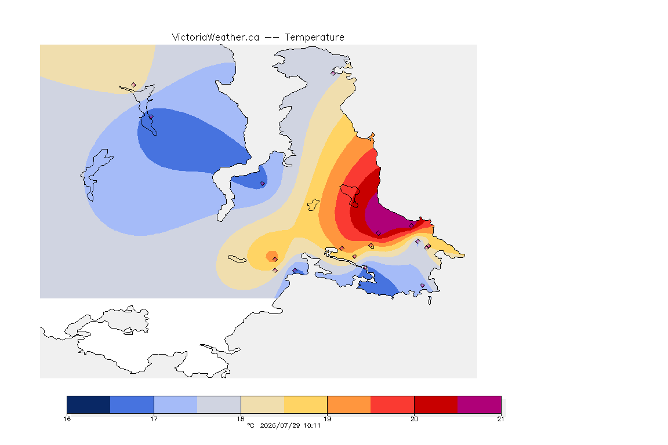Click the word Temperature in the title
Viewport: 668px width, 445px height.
coord(314,38)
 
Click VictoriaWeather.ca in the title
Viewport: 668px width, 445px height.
coord(216,38)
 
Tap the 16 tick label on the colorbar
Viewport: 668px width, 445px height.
coord(67,419)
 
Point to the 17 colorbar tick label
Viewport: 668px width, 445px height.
coord(154,419)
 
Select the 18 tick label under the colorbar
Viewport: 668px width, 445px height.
coord(241,419)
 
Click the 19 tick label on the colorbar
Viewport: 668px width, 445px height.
coord(327,419)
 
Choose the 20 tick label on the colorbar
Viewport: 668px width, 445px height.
coord(414,419)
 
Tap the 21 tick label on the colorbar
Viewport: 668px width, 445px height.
coord(500,419)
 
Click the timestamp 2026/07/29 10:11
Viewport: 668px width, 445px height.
coord(290,425)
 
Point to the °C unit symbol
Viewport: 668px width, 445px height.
coord(251,425)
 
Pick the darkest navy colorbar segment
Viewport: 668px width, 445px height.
coord(89,404)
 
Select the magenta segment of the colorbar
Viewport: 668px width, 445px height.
coord(480,404)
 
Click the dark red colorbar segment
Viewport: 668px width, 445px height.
coord(436,404)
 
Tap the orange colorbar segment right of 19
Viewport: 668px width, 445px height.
coord(349,404)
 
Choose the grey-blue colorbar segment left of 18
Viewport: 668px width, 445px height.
coord(219,404)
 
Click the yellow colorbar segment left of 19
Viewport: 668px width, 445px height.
coord(306,404)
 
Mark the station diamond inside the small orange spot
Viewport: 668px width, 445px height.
coord(275,260)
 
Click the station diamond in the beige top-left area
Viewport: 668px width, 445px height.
coord(134,85)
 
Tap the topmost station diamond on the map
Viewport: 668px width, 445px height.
coord(333,73)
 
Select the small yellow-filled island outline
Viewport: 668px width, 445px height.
coord(314,205)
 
